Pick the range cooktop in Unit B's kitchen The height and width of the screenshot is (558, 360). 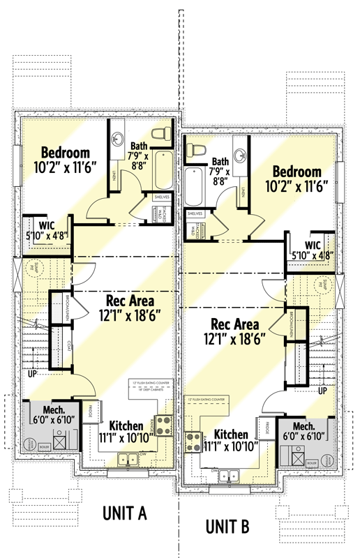pyautogui.click(x=194, y=440)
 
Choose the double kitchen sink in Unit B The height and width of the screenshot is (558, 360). pyautogui.click(x=229, y=476)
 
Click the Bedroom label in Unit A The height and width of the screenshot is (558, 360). pyautogui.click(x=65, y=153)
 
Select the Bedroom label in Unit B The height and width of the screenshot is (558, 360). pyautogui.click(x=297, y=172)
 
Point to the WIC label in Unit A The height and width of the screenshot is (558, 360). pyautogui.click(x=47, y=225)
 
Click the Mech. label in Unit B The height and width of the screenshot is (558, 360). pyautogui.click(x=303, y=425)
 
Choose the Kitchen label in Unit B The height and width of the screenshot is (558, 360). pyautogui.click(x=231, y=433)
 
